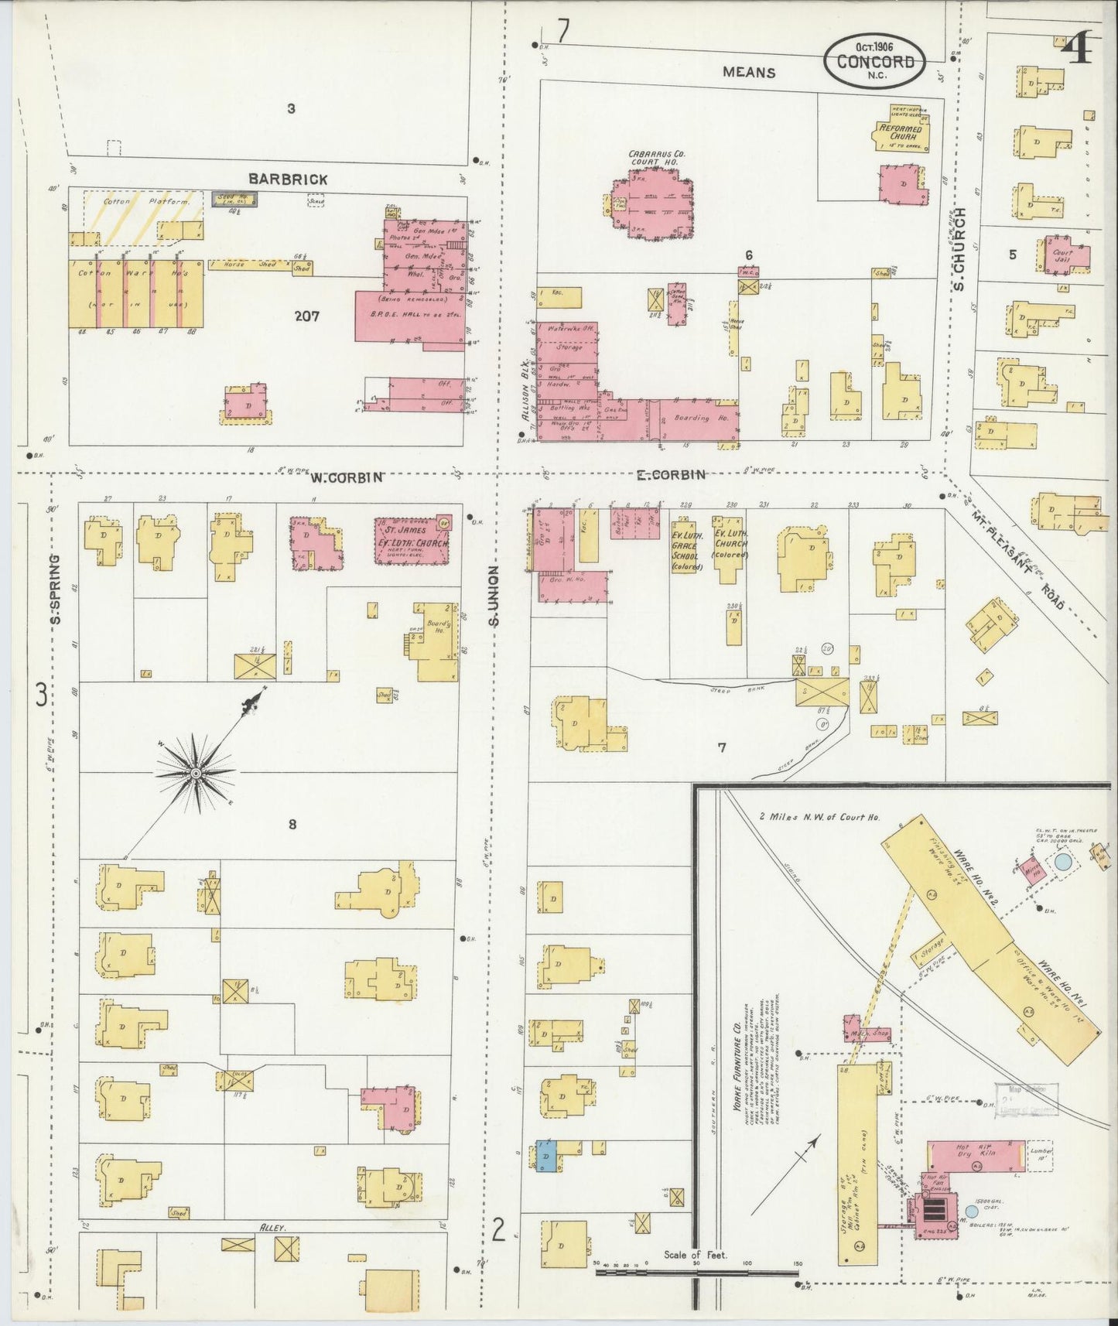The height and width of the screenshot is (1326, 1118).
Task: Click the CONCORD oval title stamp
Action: tap(874, 61)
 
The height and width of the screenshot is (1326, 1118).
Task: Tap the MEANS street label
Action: tap(748, 72)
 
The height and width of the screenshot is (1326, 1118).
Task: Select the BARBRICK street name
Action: tap(288, 179)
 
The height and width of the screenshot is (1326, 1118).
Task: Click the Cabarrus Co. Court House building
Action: tap(653, 205)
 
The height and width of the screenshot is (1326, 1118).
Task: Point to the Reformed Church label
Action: tap(901, 132)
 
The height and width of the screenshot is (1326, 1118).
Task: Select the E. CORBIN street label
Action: tap(670, 475)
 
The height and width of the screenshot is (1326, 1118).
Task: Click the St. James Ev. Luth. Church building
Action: tap(412, 539)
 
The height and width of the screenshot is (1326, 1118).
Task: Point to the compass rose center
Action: tap(197, 773)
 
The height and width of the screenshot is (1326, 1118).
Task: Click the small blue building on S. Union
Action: tap(545, 1156)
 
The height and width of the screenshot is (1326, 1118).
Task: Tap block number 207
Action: tap(307, 316)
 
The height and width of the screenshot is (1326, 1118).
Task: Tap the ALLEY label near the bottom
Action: tap(273, 1228)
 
